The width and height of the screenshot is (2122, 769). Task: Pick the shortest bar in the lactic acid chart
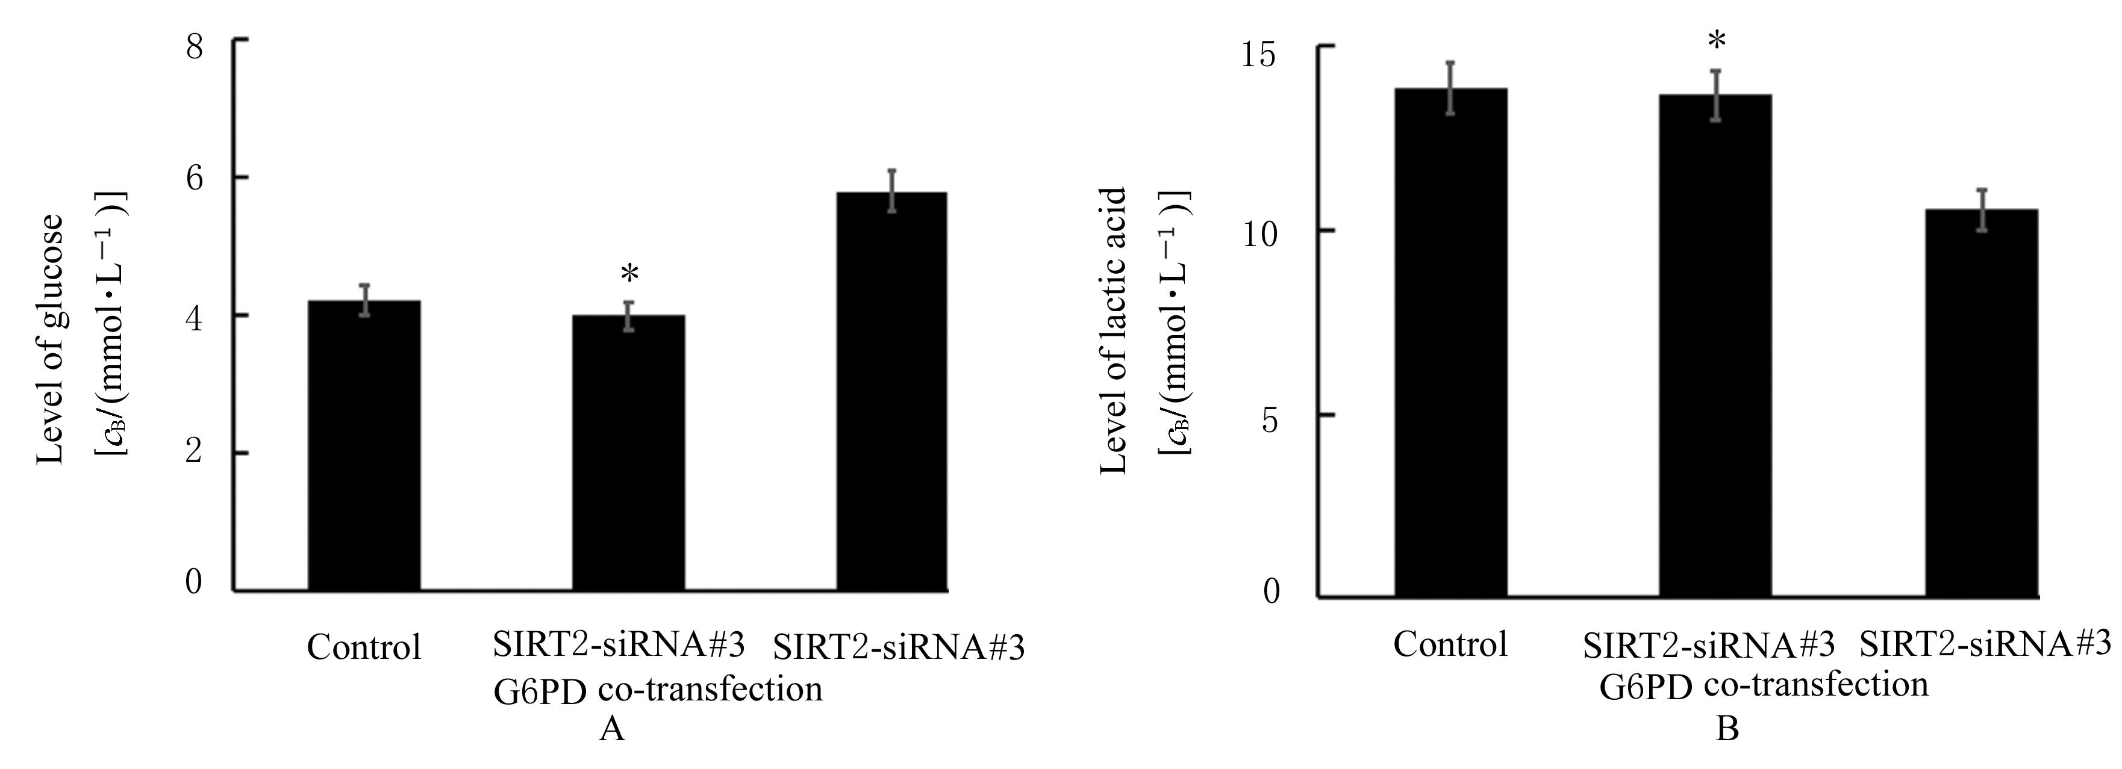tap(1981, 403)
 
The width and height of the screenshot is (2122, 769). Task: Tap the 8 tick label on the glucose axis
tap(195, 47)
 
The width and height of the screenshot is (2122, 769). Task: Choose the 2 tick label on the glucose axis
tap(195, 452)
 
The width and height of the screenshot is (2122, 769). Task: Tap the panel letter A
tap(611, 728)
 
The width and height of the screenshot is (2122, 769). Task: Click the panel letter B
tap(1727, 728)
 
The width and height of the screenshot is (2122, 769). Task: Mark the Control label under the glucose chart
tap(363, 647)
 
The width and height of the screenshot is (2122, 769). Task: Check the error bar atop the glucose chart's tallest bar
tap(891, 190)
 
